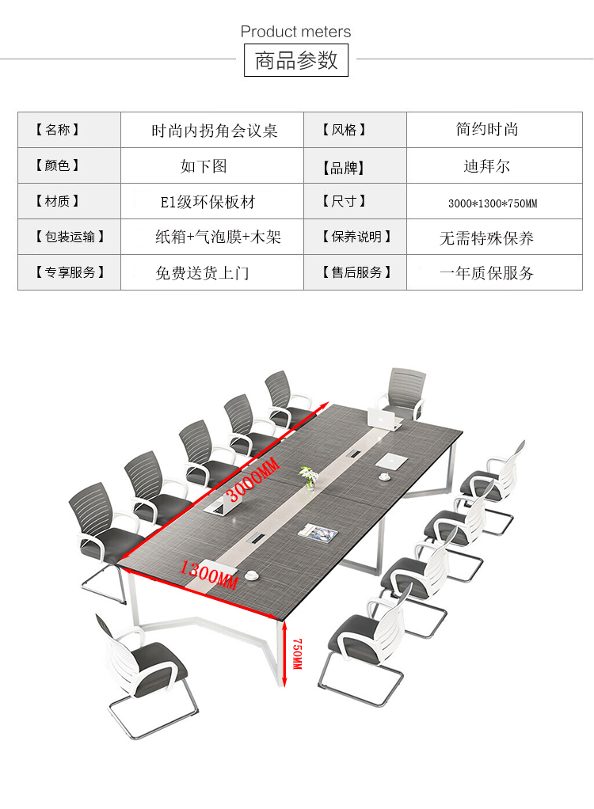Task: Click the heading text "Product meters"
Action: coord(295,32)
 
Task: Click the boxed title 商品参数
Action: coord(296,60)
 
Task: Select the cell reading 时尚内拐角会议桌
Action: coord(215,131)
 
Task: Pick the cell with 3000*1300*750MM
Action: coord(493,203)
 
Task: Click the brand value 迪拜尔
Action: coord(487,166)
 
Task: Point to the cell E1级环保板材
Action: coord(208,202)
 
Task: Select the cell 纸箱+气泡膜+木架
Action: coord(218,237)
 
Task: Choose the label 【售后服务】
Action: coord(356,272)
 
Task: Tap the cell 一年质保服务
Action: coord(487,273)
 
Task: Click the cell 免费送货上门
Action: coord(203,273)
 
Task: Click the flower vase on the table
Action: coord(307,477)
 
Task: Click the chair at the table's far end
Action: coord(404,392)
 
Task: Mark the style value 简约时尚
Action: coord(487,129)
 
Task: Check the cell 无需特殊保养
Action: coord(487,237)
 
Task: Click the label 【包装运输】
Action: coord(70,237)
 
